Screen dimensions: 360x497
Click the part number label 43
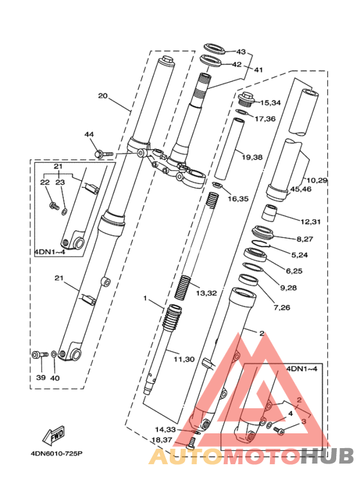pyautogui.click(x=241, y=51)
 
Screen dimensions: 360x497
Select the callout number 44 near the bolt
pyautogui.click(x=89, y=134)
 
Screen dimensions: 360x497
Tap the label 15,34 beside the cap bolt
pyautogui.click(x=270, y=103)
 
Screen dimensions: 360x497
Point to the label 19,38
pyautogui.click(x=252, y=157)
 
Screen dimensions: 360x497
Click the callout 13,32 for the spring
pyautogui.click(x=206, y=293)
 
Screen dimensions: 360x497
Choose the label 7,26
pyautogui.click(x=282, y=307)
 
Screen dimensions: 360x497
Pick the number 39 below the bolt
pyautogui.click(x=41, y=377)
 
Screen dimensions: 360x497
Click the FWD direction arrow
pyautogui.click(x=54, y=434)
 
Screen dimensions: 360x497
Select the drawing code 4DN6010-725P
pyautogui.click(x=57, y=453)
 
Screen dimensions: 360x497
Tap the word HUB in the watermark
pyautogui.click(x=327, y=456)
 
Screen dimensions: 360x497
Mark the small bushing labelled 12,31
pyautogui.click(x=269, y=213)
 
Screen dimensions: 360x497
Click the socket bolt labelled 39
pyautogui.click(x=40, y=355)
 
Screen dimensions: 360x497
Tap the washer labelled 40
pyautogui.click(x=54, y=354)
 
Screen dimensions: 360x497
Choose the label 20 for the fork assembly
pyautogui.click(x=103, y=96)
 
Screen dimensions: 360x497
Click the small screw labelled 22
pyautogui.click(x=55, y=206)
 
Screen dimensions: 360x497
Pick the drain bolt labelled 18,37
pyautogui.click(x=191, y=442)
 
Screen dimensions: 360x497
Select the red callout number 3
pyautogui.click(x=303, y=422)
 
